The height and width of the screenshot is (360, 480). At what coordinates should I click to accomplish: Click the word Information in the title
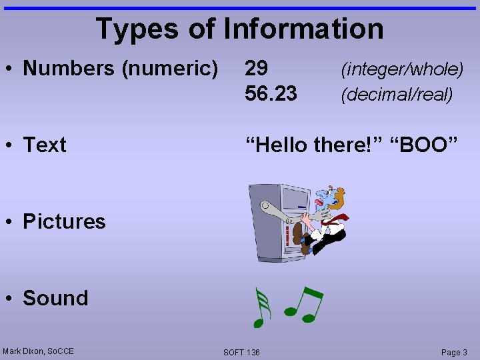pos(303,29)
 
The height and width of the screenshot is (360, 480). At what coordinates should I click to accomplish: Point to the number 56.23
pos(271,94)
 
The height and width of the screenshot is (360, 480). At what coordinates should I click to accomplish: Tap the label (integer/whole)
pos(402,69)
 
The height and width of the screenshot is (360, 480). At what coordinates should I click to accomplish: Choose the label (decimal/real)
pos(397,94)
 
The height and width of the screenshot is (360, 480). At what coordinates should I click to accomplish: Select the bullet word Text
pos(44,145)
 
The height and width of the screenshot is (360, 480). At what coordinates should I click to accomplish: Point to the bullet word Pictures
pos(64,221)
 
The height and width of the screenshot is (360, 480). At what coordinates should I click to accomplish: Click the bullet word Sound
pos(55,298)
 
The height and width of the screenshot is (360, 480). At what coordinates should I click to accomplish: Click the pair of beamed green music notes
pos(303,304)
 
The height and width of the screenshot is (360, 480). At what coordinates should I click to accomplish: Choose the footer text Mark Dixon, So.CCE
pos(38,351)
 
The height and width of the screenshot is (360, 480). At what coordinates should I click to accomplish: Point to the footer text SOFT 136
pos(241,352)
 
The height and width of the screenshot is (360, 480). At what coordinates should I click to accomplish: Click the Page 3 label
pos(454,352)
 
